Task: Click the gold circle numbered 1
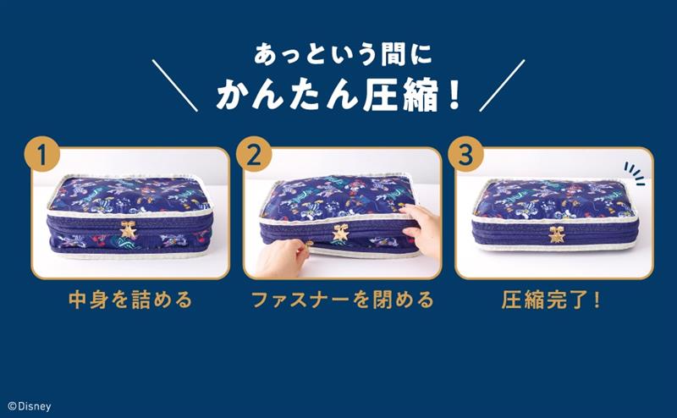[41, 154]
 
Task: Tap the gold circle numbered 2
[254, 154]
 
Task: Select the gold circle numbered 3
[465, 154]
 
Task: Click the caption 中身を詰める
[130, 300]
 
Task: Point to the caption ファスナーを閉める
[342, 300]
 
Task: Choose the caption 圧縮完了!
[551, 300]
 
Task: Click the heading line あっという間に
[343, 55]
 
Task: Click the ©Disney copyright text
[30, 406]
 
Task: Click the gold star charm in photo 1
[128, 229]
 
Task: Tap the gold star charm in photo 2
[340, 233]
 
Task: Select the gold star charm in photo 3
[556, 234]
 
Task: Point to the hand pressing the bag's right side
[421, 228]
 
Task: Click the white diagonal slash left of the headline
[175, 85]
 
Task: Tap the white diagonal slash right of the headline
[502, 85]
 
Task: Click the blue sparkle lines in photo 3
[636, 173]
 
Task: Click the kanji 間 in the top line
[396, 55]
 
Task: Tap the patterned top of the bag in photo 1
[129, 194]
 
